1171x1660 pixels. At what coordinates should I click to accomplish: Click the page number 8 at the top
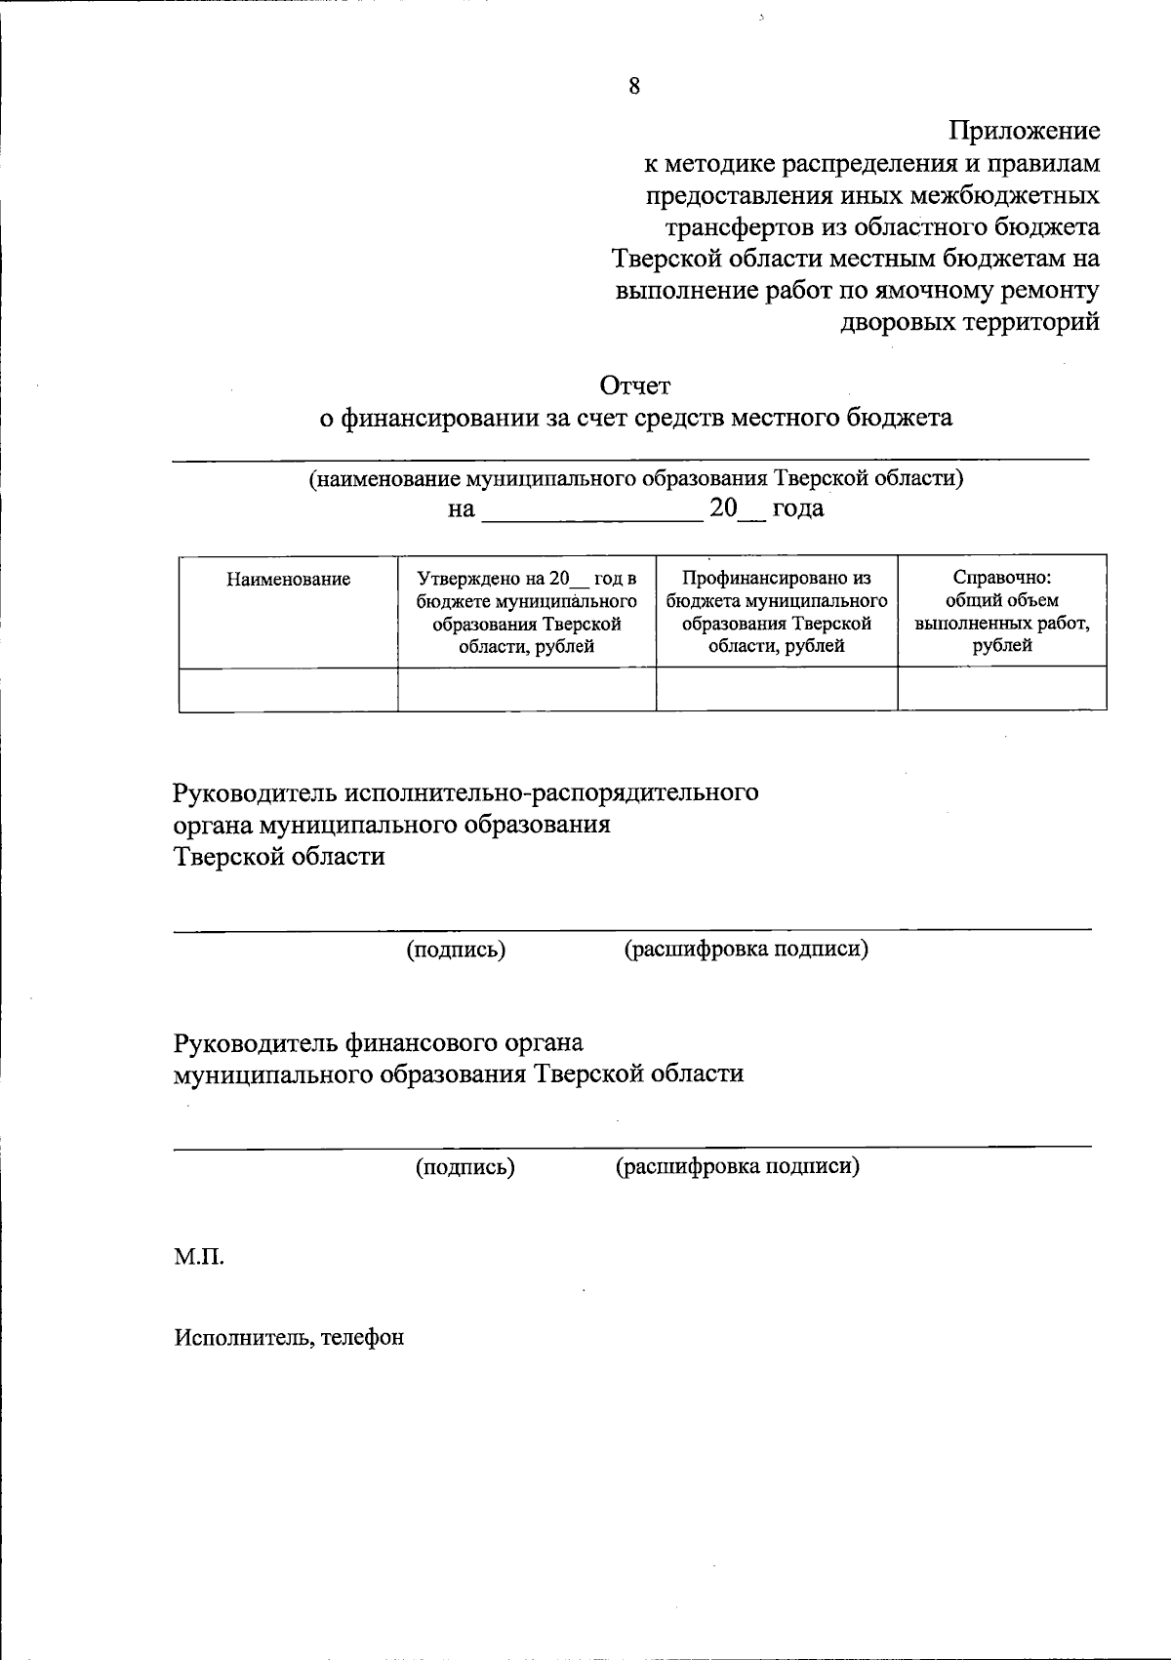[x=634, y=86]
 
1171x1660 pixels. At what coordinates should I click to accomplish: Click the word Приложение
[x=1025, y=131]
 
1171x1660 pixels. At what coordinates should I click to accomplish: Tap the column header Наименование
[x=288, y=580]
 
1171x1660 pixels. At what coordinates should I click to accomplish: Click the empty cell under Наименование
[x=288, y=689]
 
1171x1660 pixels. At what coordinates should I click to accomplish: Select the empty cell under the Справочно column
[x=1001, y=689]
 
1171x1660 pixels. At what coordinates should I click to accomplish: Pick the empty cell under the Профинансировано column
[x=777, y=689]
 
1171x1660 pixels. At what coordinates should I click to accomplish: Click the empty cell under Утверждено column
[x=527, y=689]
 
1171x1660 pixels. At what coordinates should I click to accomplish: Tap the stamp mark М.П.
[x=199, y=1257]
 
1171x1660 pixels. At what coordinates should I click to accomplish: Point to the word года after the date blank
[x=798, y=509]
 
